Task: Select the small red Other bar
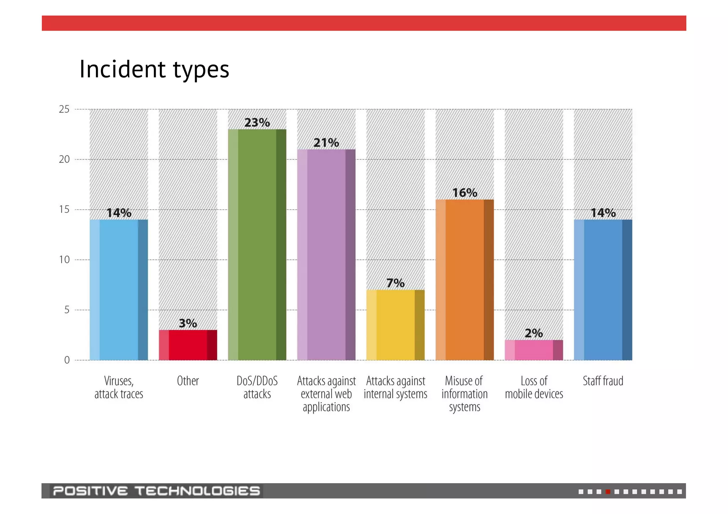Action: (188, 345)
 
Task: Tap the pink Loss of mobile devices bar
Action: (534, 350)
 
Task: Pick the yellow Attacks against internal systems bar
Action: (395, 325)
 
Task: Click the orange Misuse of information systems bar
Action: (465, 280)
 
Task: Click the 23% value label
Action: (257, 123)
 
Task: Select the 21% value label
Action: (326, 143)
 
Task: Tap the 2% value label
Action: (534, 333)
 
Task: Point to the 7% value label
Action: (395, 283)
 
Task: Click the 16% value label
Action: (465, 193)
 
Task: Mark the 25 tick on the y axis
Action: (64, 109)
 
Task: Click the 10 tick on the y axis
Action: (64, 260)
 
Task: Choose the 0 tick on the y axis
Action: (67, 360)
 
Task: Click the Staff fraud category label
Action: (603, 381)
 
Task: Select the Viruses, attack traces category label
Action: (119, 388)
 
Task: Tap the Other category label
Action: (188, 381)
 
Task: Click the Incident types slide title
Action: (154, 69)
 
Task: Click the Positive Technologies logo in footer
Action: (156, 491)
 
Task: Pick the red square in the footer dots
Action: (608, 492)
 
